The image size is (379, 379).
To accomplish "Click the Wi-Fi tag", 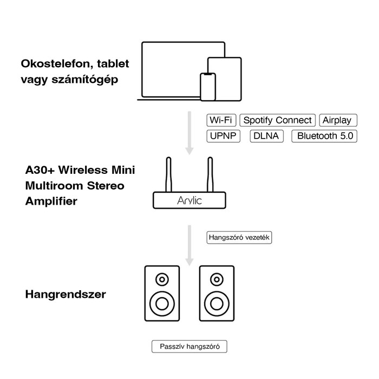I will point(221,120).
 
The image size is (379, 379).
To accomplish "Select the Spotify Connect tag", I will point(278,120).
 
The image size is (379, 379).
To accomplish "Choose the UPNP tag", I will point(224,135).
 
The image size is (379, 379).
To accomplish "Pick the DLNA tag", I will point(266,135).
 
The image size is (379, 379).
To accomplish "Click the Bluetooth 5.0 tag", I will point(324,135).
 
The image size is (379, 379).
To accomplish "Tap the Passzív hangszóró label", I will point(189,347).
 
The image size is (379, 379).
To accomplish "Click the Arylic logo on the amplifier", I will point(189,201).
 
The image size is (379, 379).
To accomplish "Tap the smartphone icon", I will point(208,87).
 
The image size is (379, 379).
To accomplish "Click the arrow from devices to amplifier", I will point(189,133).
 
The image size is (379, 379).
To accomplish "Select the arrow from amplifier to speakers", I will point(189,244).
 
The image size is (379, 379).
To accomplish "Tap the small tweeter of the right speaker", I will point(216,280).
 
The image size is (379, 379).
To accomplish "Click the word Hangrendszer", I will point(66,295).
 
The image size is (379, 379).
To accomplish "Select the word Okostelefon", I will point(54,64).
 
